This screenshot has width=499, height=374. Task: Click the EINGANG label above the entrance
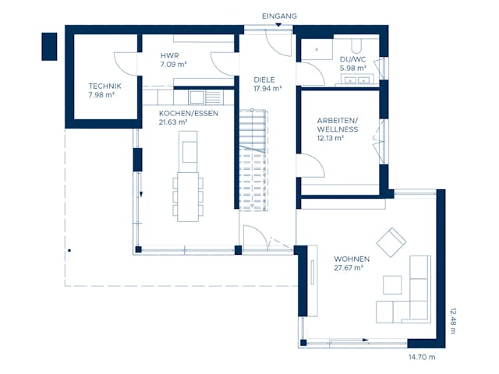coord(280,16)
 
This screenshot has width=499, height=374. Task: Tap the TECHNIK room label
coord(104,86)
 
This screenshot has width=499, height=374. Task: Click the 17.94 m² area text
coord(267,89)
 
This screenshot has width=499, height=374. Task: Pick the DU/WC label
coord(352,58)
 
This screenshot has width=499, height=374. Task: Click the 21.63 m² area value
coord(173,122)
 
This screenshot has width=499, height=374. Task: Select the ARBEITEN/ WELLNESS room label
coord(338,125)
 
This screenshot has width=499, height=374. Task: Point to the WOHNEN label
coord(352,259)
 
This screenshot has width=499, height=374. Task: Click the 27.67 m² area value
coord(349,268)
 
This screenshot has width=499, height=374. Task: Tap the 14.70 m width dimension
coord(422,357)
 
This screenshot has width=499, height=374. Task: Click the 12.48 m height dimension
coord(452,320)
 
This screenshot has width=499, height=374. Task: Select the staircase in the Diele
coord(254,160)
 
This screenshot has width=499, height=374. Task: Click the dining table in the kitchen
coord(188,196)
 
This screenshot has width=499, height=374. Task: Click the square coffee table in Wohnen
coord(391,284)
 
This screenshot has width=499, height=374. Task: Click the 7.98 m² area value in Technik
coord(101,96)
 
